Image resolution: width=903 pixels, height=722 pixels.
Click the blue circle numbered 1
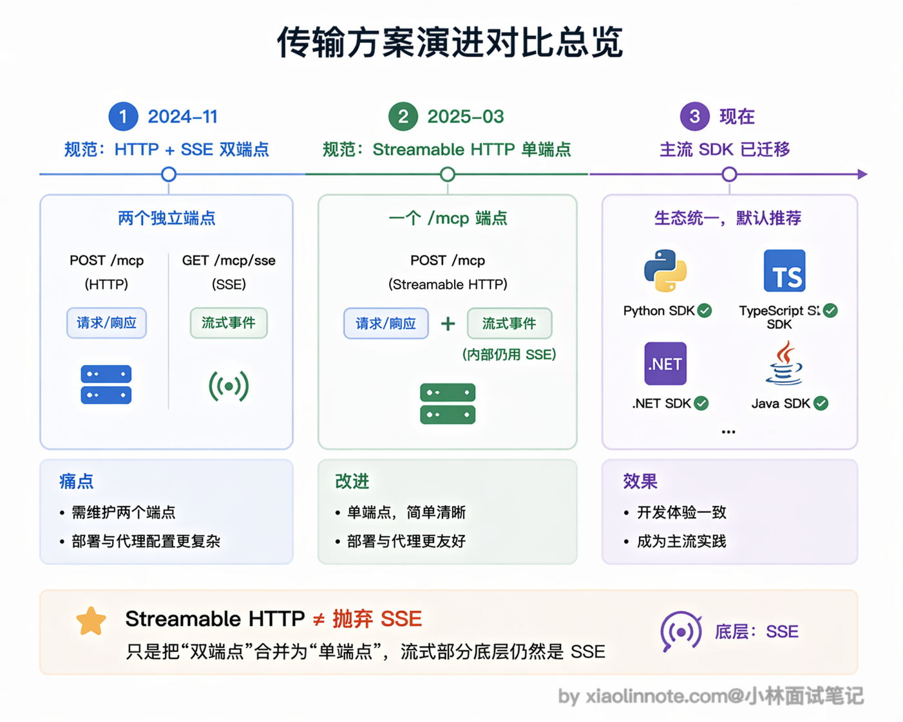pyautogui.click(x=124, y=116)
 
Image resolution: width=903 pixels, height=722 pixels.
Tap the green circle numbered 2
pyautogui.click(x=403, y=116)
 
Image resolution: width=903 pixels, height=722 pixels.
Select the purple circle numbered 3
pyautogui.click(x=694, y=116)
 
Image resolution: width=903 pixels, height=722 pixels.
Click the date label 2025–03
pyautogui.click(x=465, y=116)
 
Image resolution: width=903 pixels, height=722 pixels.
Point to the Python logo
pyautogui.click(x=665, y=271)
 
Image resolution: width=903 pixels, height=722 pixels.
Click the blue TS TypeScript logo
pyautogui.click(x=784, y=271)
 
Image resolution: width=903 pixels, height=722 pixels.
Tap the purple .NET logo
pyautogui.click(x=665, y=364)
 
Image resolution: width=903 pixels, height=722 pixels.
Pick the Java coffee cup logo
pyautogui.click(x=783, y=363)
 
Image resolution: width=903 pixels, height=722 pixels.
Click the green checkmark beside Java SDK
pyautogui.click(x=821, y=403)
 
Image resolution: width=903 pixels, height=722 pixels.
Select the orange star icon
pyautogui.click(x=91, y=622)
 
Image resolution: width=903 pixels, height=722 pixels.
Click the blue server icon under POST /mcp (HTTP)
pyautogui.click(x=106, y=384)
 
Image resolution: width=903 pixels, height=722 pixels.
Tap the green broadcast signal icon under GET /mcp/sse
pyautogui.click(x=229, y=385)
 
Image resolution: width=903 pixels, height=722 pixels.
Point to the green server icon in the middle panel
pyautogui.click(x=447, y=403)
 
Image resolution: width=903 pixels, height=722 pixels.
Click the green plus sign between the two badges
pyautogui.click(x=448, y=324)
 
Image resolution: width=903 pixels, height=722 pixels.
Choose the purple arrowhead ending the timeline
pyautogui.click(x=862, y=174)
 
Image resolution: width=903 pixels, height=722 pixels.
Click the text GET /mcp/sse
pyautogui.click(x=229, y=261)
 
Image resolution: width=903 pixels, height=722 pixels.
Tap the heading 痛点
pyautogui.click(x=77, y=481)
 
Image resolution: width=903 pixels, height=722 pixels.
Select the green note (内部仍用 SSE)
pyautogui.click(x=509, y=355)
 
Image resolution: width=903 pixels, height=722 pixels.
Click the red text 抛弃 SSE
pyautogui.click(x=377, y=619)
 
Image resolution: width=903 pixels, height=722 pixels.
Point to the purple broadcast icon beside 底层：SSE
pyautogui.click(x=681, y=631)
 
